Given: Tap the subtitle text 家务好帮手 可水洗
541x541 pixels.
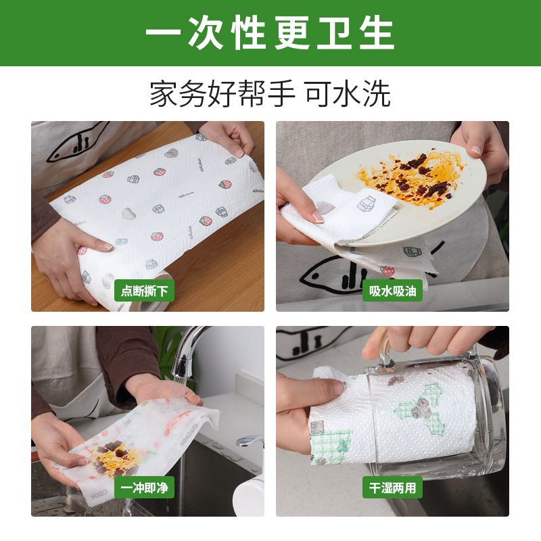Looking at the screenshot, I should tap(270, 95).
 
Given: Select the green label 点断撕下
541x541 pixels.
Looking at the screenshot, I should tap(144, 291).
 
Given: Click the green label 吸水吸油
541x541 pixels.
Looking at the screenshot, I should tap(392, 291).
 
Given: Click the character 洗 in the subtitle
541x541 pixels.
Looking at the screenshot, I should tap(376, 95).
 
